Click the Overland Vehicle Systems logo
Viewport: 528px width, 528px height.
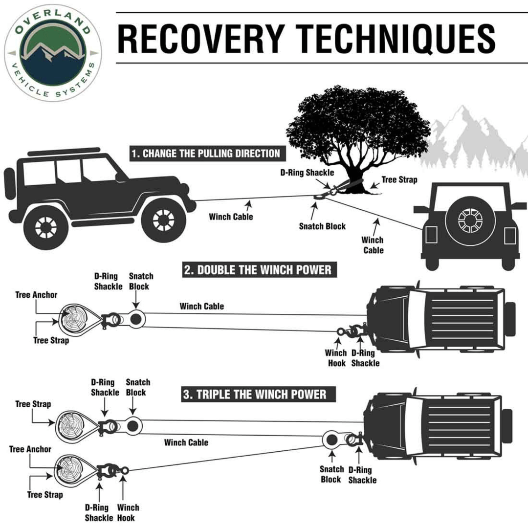[x=53, y=52]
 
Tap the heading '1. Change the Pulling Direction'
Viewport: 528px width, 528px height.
[x=205, y=154]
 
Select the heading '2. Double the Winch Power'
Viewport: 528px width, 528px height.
[x=257, y=270]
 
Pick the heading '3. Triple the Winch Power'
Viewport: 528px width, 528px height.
[x=254, y=394]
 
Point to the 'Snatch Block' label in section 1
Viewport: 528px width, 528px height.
[x=322, y=226]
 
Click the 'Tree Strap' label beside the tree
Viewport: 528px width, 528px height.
[x=399, y=180]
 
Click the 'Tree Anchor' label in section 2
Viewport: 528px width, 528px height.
[x=36, y=295]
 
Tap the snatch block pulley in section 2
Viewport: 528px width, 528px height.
[x=135, y=319]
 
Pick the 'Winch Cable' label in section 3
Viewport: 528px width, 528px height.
[x=186, y=442]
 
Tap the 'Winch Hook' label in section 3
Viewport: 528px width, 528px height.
[x=128, y=512]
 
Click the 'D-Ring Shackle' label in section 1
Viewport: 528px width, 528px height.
[x=307, y=173]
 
